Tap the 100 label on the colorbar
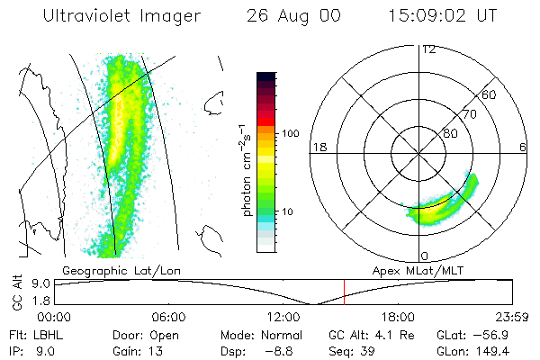pos(289,133)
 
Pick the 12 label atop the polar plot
pos(428,49)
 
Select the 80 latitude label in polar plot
pos(450,133)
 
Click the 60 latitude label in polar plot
pos(490,94)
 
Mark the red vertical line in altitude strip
pos(344,292)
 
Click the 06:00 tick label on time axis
pos(168,317)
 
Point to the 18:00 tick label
pos(398,317)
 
